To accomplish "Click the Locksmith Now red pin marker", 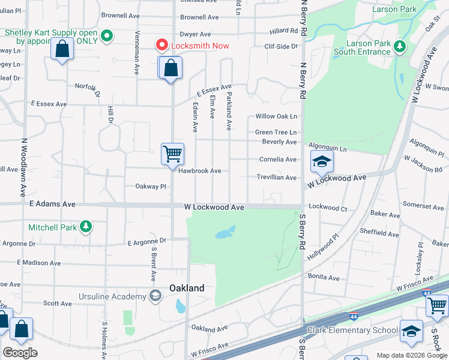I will click(161, 45).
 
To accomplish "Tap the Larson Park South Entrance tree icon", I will click(400, 46).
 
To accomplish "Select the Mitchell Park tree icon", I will click(86, 227).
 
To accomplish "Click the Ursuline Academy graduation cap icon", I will click(155, 296).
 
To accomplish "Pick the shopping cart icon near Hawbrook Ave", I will click(172, 154).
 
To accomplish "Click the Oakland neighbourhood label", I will click(186, 288).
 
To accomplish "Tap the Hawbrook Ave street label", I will click(200, 171).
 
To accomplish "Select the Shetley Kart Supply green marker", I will click(107, 36).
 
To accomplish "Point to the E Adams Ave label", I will click(52, 205).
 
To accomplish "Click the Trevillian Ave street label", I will click(277, 178).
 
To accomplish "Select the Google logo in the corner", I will click(20, 353).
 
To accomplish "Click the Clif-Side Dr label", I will click(281, 46).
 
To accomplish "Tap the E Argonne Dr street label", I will click(146, 241).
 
